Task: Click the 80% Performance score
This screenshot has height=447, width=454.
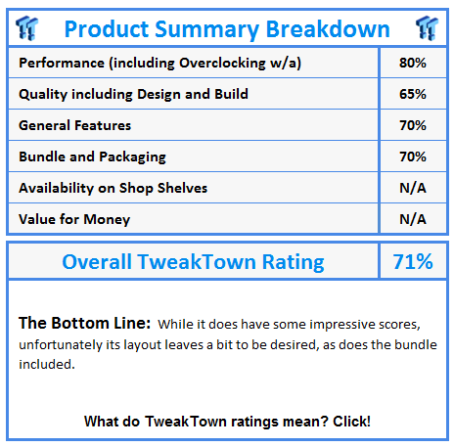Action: [413, 64]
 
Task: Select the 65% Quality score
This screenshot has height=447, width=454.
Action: [413, 95]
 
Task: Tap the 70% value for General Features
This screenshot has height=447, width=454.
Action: [413, 125]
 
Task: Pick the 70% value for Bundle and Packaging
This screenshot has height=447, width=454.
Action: [413, 156]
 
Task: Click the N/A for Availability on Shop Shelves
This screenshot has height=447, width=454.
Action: [413, 188]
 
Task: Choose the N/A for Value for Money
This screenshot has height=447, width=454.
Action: [413, 219]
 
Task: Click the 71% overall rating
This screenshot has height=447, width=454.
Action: [413, 261]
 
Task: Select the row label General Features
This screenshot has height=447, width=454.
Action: [74, 125]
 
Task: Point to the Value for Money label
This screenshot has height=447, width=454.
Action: [68, 219]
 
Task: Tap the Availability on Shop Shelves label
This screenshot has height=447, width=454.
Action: [113, 188]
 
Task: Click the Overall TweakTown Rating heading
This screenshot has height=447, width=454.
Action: [193, 261]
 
